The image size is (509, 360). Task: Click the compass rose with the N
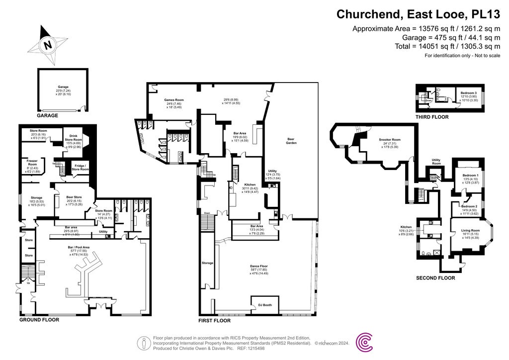(48, 45)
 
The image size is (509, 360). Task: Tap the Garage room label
(63, 87)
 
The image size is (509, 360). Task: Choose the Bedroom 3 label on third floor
(468, 93)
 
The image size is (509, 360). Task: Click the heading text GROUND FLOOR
(39, 320)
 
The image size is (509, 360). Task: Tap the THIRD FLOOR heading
(432, 117)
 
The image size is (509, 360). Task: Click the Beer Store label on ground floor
(74, 197)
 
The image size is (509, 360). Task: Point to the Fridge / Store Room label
(81, 167)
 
